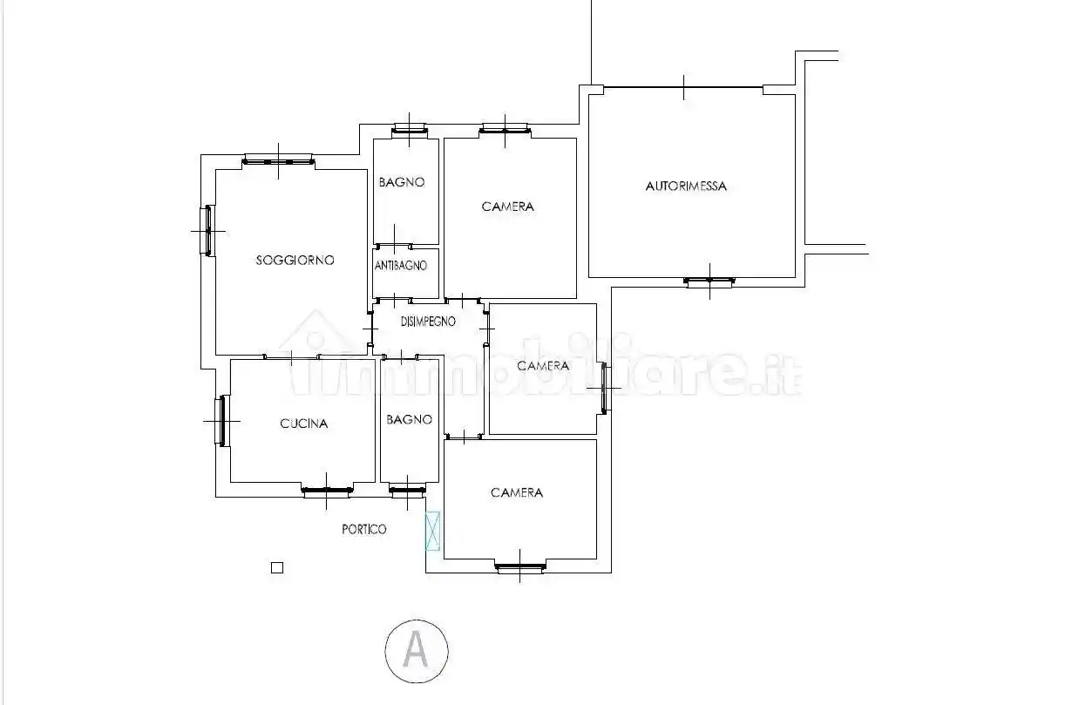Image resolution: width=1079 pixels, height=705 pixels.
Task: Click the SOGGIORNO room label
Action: click(295, 260)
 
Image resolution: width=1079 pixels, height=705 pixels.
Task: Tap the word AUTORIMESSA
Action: click(686, 186)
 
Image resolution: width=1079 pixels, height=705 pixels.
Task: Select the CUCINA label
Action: click(303, 424)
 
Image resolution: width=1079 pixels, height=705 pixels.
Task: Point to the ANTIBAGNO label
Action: click(401, 266)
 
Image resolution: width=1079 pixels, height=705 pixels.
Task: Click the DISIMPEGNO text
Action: click(428, 322)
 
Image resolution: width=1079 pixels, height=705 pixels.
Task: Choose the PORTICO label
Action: click(363, 529)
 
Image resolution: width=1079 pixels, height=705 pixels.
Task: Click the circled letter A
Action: click(417, 649)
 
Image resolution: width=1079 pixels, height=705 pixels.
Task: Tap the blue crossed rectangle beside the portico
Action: click(432, 531)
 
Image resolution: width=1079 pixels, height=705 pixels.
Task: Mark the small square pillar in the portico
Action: click(277, 567)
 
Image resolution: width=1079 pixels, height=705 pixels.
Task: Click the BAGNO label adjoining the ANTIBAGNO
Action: click(401, 182)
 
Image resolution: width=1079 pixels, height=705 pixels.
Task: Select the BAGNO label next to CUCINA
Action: click(409, 419)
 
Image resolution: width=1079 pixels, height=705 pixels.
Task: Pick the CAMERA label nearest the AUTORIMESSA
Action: click(507, 207)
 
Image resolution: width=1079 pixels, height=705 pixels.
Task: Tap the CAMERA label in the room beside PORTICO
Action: click(516, 492)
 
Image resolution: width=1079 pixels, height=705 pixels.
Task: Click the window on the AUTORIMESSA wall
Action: click(709, 281)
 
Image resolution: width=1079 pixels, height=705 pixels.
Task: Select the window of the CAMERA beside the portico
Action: click(519, 568)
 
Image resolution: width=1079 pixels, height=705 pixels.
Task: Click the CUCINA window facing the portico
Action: click(327, 491)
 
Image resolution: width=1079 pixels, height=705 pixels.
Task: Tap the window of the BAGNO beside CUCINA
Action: click(405, 491)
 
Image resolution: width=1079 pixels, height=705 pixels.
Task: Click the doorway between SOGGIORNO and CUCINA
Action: click(291, 356)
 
